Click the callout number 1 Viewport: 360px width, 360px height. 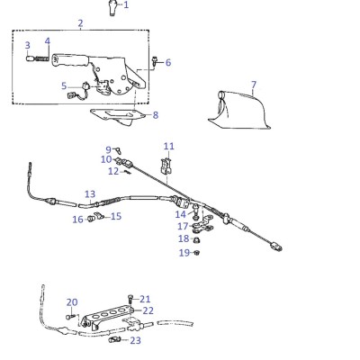pyautogui.click(x=126, y=4)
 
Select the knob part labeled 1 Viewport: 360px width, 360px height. pyautogui.click(x=112, y=8)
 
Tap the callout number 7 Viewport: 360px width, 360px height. pyautogui.click(x=254, y=85)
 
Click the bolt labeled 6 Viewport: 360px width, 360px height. pyautogui.click(x=155, y=61)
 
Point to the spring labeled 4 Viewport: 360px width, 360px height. pyautogui.click(x=42, y=58)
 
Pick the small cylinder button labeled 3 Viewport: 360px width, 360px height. pyautogui.click(x=30, y=58)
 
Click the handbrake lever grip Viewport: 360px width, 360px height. pyautogui.click(x=71, y=59)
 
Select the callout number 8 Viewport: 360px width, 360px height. pyautogui.click(x=156, y=115)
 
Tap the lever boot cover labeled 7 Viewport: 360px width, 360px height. pyautogui.click(x=240, y=110)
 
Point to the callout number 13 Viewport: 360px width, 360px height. pyautogui.click(x=90, y=194)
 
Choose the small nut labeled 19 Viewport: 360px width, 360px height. pyautogui.click(x=197, y=252)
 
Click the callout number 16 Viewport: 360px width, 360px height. pyautogui.click(x=77, y=220)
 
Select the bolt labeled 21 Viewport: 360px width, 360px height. pyautogui.click(x=130, y=299)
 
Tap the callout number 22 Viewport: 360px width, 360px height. pyautogui.click(x=148, y=310)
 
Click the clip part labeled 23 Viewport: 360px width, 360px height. pyautogui.click(x=113, y=340)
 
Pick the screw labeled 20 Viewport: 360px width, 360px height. pyautogui.click(x=70, y=316)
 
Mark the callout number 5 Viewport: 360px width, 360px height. pyautogui.click(x=64, y=86)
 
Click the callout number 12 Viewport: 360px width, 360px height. pyautogui.click(x=113, y=171)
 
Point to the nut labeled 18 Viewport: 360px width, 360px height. pyautogui.click(x=196, y=239)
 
